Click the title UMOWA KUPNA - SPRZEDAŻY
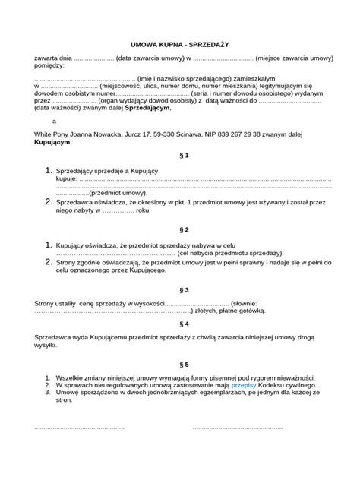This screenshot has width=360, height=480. tap(180, 44)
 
